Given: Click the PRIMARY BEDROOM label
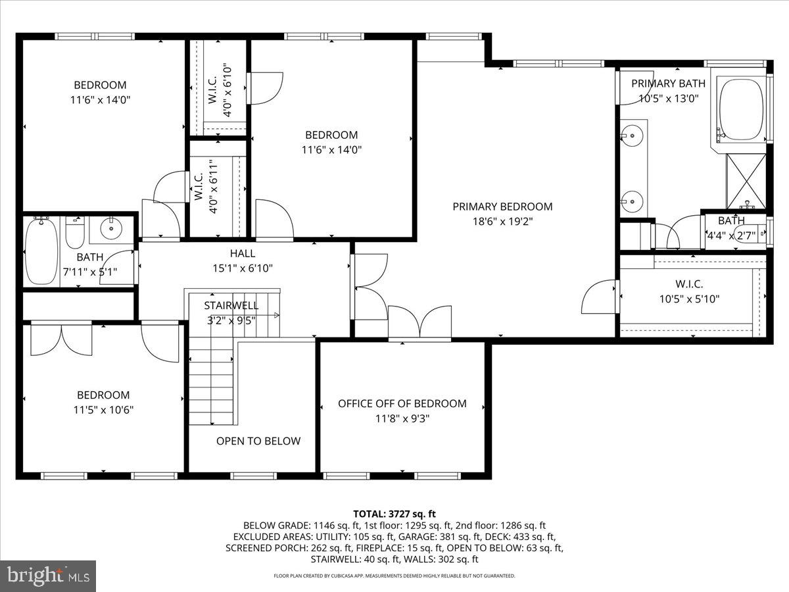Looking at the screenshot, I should pos(502,207).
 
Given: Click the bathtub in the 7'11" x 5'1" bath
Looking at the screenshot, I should pos(41,252).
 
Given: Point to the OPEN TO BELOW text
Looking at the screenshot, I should pos(258,441).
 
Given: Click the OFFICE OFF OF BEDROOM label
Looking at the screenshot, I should pos(402,403).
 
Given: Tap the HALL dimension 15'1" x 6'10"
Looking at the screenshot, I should pos(243,268).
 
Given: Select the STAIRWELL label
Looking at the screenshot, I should pos(231,306).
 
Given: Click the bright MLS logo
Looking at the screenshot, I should pos(48,576).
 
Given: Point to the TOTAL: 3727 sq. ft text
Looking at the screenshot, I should pos(394,514).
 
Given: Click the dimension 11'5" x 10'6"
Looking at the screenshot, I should pos(103,410).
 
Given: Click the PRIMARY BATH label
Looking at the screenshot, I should pos(668,84).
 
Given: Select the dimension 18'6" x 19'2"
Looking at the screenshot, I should pos(502,222).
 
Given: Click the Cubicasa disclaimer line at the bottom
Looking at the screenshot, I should pos(394,576).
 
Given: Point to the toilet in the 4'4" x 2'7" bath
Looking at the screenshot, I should pos(750,234).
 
